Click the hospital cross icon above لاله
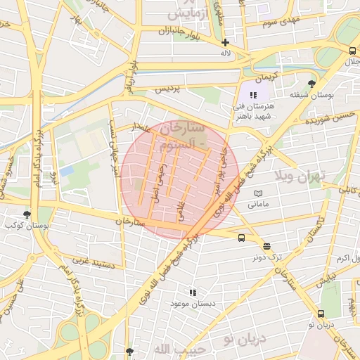pyautogui.click(x=225, y=43)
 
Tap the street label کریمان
pyautogui.click(x=266, y=75)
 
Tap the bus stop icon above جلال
pyautogui.click(x=352, y=51)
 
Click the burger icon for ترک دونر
pyautogui.click(x=266, y=246)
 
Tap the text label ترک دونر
pyautogui.click(x=266, y=257)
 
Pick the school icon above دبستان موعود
pyautogui.click(x=193, y=292)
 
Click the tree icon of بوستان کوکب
pyautogui.click(x=27, y=214)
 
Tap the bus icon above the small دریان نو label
pyautogui.click(x=321, y=314)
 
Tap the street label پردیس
pyautogui.click(x=167, y=89)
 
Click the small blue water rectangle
pyautogui.click(x=67, y=171)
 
